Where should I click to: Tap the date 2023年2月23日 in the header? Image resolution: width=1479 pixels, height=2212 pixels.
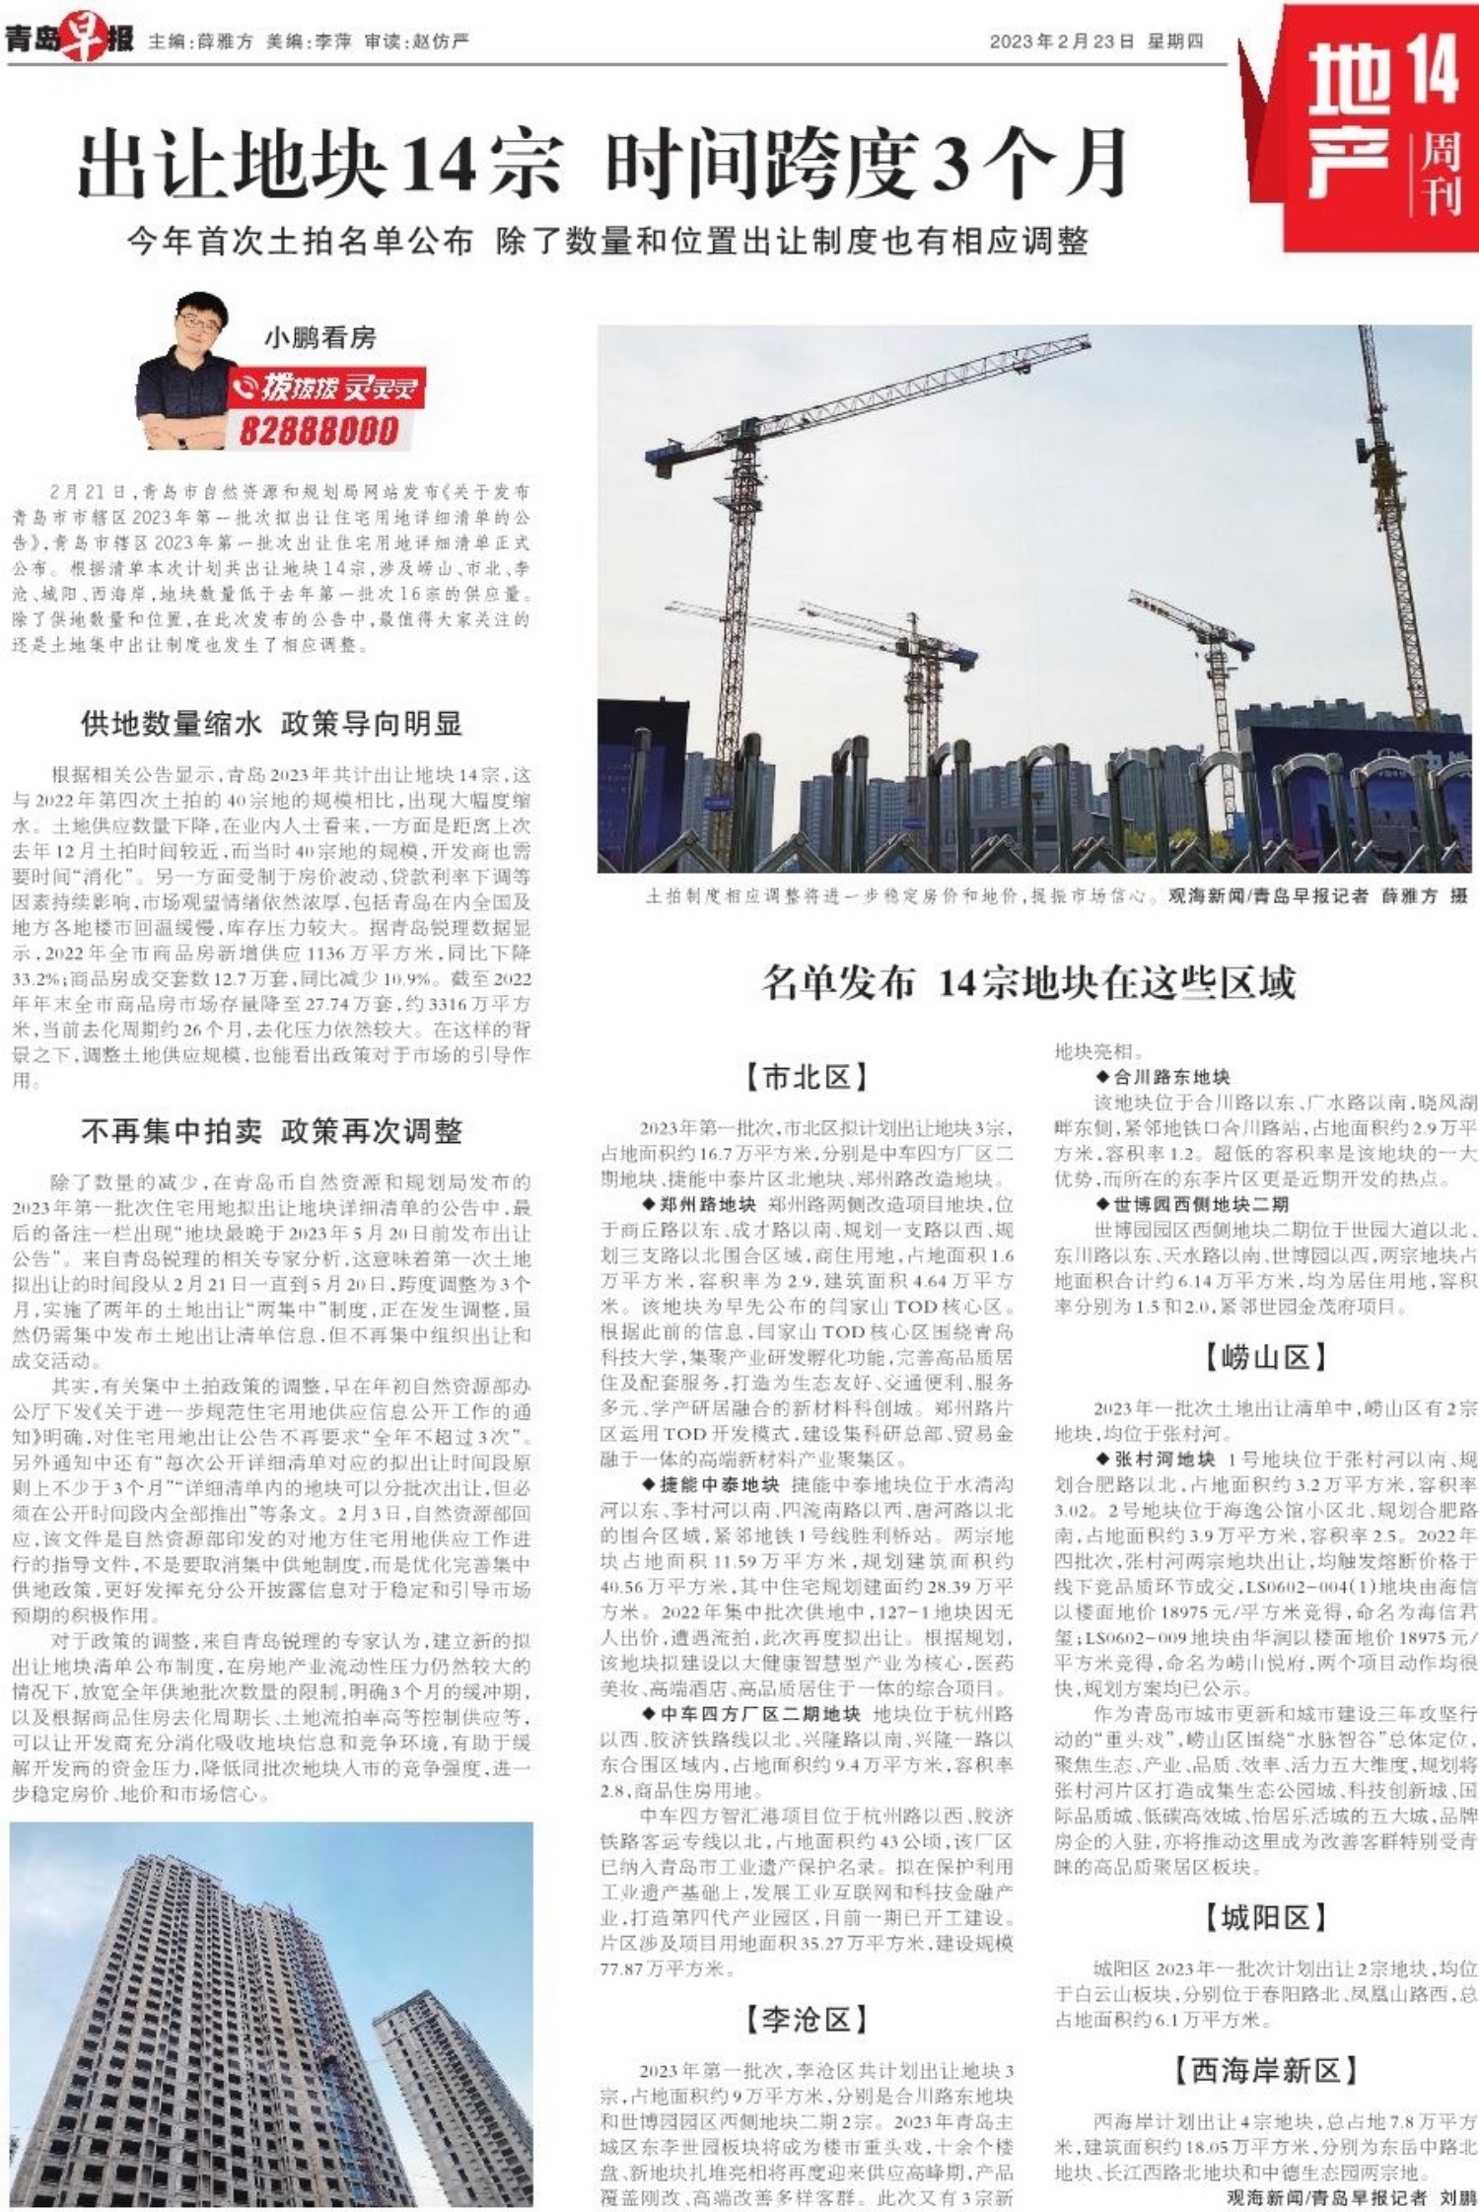click(x=1062, y=41)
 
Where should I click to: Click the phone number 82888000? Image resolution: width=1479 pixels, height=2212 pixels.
click(x=318, y=431)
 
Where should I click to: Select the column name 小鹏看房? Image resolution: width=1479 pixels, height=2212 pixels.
click(x=319, y=338)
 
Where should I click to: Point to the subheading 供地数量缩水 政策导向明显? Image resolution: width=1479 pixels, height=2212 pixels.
click(x=271, y=724)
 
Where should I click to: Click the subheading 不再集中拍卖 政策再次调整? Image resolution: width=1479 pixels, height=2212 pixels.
click(x=271, y=1131)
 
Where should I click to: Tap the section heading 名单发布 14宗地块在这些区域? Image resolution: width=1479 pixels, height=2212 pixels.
click(x=1028, y=983)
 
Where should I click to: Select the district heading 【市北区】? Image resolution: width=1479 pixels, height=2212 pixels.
click(x=807, y=1078)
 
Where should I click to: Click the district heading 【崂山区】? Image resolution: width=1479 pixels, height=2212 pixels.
click(x=1265, y=1358)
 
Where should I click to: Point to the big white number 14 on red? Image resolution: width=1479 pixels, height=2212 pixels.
click(x=1430, y=67)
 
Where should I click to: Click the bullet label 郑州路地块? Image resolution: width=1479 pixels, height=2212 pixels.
click(x=707, y=1204)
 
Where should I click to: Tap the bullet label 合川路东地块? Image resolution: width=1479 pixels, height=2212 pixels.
click(x=1171, y=1077)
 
